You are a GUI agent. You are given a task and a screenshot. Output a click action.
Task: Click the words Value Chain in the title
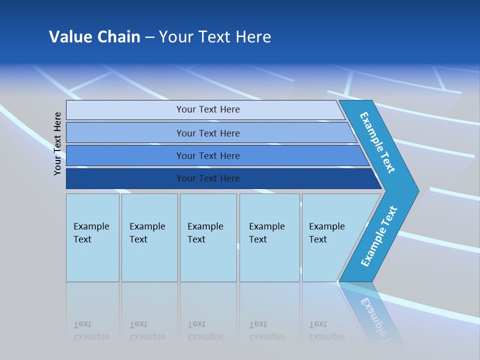pos(94,36)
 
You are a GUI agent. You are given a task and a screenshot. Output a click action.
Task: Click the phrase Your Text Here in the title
pos(215,36)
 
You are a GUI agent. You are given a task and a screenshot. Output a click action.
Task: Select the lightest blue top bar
pos(125,109)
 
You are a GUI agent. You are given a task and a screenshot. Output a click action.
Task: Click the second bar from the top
pos(125,133)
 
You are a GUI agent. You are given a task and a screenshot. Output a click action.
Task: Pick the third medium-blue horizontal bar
pos(125,155)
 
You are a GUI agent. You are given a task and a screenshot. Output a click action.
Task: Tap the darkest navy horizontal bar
pos(125,178)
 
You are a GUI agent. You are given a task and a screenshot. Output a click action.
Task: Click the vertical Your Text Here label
pos(58,143)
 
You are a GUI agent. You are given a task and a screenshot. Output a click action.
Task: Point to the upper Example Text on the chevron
pos(377,142)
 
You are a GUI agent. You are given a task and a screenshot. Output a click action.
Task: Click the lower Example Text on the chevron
pos(379,236)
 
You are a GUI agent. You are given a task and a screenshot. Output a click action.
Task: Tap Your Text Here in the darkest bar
pos(208,178)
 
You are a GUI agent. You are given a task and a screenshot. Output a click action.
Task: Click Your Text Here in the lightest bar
pos(208,109)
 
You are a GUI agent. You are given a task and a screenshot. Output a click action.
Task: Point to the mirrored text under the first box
pos(91,331)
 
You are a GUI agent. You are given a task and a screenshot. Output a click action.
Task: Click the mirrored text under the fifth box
pos(326,331)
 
